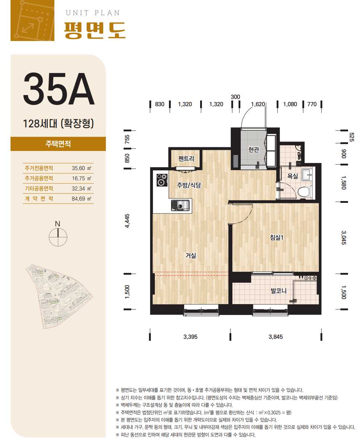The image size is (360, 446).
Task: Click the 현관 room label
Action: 253,150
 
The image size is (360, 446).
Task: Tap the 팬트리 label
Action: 186,159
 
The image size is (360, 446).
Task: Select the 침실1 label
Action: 277,237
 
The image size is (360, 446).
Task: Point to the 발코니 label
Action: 278,291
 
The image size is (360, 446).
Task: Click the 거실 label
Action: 191,255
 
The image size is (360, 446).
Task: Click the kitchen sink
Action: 180,205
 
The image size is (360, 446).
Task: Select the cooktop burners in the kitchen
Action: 162,180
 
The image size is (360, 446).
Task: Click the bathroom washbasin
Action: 307,175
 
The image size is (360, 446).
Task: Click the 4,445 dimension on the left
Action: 127,221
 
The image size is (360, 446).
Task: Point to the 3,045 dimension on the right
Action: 344,237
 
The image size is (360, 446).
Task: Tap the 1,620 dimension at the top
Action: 258,104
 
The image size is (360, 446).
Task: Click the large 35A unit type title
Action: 59,89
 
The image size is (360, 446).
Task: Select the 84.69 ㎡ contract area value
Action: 81,199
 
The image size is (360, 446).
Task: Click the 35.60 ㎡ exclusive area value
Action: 81,168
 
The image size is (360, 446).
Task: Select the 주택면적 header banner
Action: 58,144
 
